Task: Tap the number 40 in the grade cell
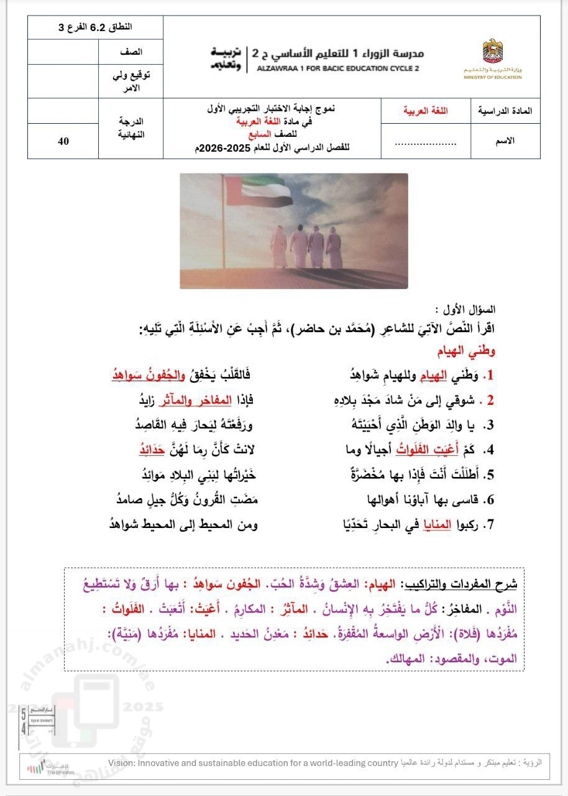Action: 63,141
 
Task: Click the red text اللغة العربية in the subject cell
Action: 426,111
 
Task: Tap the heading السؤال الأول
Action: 474,309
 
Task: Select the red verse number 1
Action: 490,376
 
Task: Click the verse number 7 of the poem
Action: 490,525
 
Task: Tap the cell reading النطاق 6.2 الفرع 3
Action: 99,28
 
